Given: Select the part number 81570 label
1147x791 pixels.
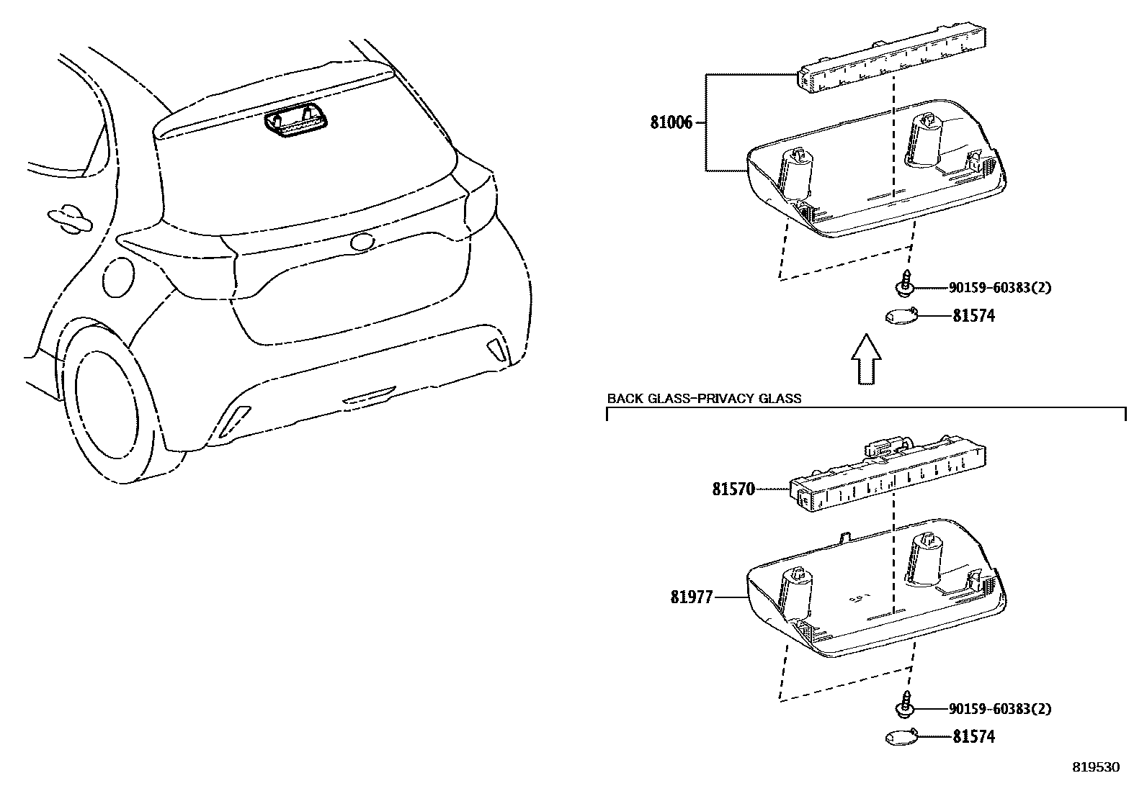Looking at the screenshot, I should coord(733,489).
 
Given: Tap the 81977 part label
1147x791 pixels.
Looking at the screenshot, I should coord(691,597).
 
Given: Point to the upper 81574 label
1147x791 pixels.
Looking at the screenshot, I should coord(973,316).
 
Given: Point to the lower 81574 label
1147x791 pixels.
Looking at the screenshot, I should coord(973,737).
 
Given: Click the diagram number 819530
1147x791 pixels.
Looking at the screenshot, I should coord(1097,767).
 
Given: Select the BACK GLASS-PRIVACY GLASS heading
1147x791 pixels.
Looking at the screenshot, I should coord(704,398).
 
